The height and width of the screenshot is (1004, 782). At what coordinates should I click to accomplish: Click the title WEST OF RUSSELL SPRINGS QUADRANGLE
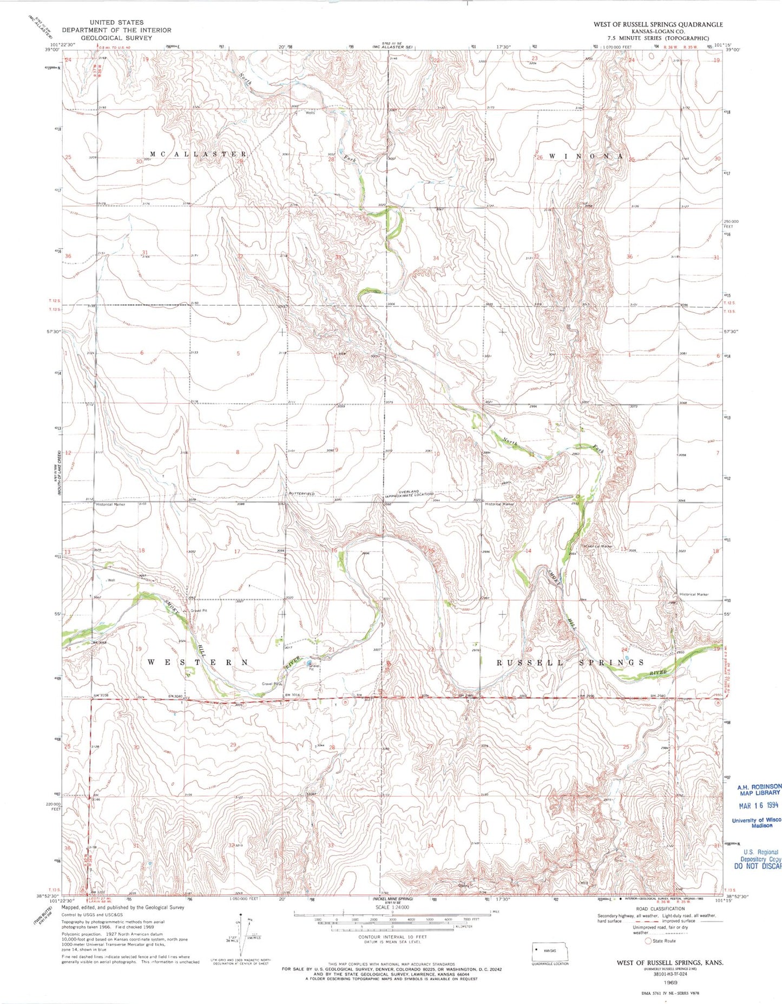[658, 24]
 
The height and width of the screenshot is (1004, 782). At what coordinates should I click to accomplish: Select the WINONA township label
[586, 156]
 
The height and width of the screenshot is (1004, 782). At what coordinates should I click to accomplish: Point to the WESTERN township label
[198, 662]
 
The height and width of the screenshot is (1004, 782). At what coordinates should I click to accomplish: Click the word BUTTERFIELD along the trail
[302, 494]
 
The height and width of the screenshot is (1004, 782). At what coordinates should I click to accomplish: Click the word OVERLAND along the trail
[410, 491]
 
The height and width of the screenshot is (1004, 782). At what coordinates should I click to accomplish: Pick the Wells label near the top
[310, 113]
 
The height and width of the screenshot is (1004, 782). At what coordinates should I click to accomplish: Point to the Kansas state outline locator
[558, 951]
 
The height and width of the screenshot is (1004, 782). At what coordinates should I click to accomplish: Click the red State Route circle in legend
[647, 941]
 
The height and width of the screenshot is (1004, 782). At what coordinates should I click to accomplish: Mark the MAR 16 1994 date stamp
[758, 805]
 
